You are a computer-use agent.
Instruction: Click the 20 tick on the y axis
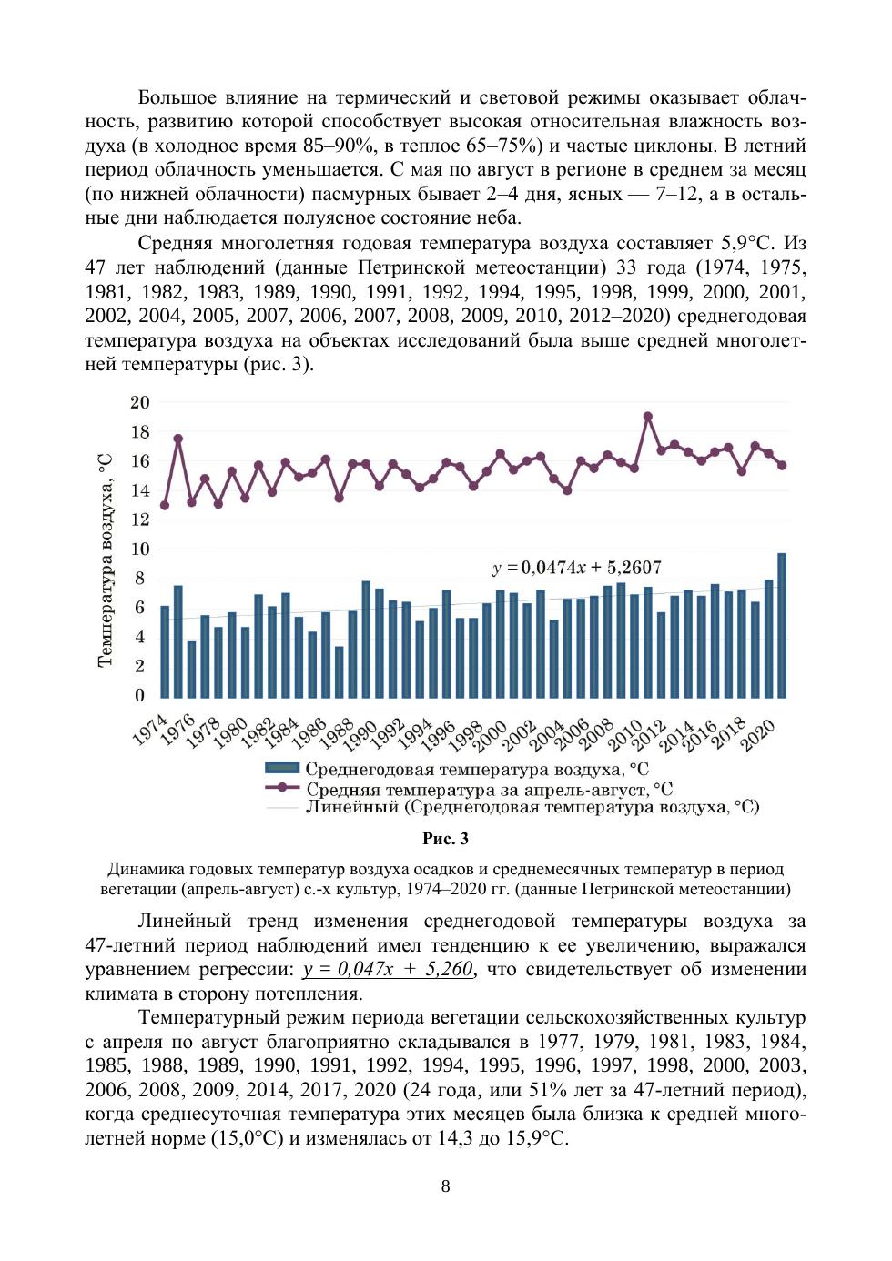coord(139,402)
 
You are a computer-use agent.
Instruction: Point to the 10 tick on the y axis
coord(139,549)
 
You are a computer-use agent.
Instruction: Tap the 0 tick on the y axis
coord(140,695)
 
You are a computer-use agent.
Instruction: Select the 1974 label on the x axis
coord(151,730)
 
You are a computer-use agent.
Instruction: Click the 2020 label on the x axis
coord(757,734)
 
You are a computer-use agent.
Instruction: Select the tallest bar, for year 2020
coord(782,625)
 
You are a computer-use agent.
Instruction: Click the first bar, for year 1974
coord(165,651)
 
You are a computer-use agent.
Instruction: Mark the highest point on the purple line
coord(648,417)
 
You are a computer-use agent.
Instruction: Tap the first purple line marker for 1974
coord(165,505)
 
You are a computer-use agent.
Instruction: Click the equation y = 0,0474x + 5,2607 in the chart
coord(576,568)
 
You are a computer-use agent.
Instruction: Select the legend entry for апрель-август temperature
coord(489,789)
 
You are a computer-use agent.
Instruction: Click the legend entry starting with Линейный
coord(532,807)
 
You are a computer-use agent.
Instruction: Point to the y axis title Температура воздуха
coord(106,560)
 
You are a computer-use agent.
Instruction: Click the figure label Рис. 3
coord(445,839)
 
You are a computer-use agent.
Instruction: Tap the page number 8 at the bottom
coord(445,1185)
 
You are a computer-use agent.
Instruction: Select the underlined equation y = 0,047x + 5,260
coord(389,969)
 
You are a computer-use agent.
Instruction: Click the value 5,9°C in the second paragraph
coord(745,243)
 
